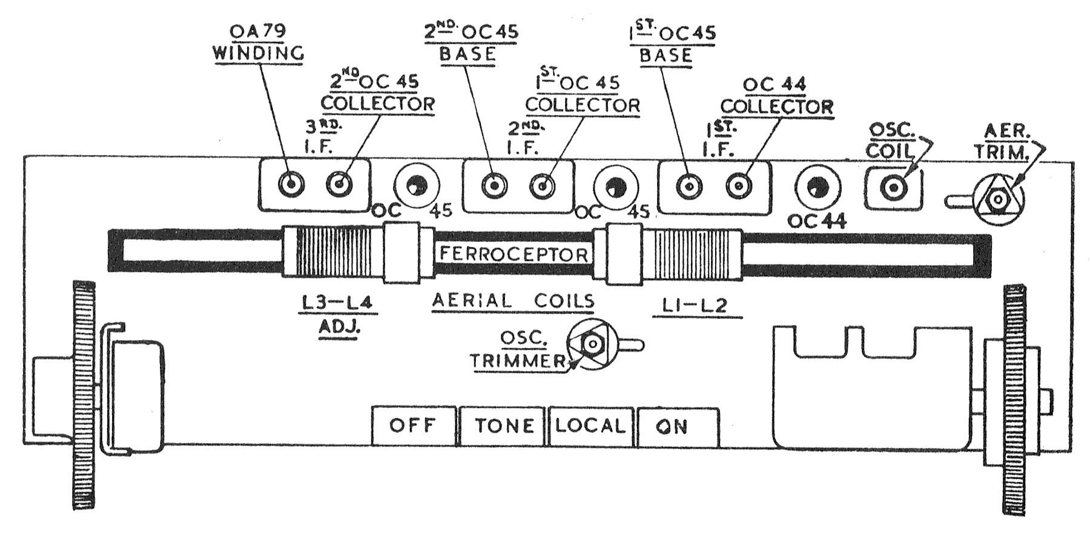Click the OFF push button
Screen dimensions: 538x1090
[x=413, y=426]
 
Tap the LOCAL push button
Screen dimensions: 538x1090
[x=590, y=426]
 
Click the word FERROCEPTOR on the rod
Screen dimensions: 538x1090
[x=514, y=254]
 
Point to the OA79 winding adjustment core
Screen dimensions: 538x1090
[x=291, y=183]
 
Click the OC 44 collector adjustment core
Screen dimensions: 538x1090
[x=739, y=186]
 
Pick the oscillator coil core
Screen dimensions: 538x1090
[x=893, y=188]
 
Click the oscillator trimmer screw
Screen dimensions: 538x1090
[x=592, y=344]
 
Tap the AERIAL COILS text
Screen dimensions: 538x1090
[x=514, y=301]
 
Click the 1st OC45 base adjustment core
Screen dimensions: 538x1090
[x=689, y=186]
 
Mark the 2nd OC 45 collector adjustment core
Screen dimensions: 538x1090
[x=339, y=183]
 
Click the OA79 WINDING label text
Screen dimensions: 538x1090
[x=259, y=42]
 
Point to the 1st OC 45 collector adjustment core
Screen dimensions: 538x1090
[x=542, y=186]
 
